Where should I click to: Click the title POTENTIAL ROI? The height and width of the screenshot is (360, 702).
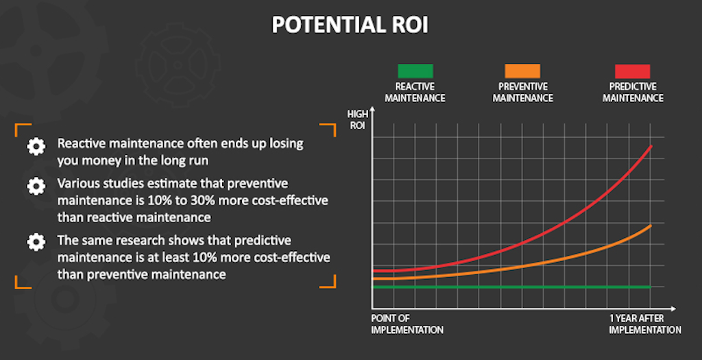coord(350,25)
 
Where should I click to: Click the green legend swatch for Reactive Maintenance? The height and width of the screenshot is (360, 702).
coord(415,71)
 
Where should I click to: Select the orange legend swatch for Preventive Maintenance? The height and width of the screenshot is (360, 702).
coord(522,71)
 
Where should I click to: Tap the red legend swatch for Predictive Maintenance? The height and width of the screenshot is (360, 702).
coord(633,71)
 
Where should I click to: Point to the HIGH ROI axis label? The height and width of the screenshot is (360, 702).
coord(357,120)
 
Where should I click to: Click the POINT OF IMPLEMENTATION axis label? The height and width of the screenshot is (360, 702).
coord(407,324)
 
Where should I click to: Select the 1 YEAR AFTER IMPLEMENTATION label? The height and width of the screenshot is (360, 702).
coord(645,324)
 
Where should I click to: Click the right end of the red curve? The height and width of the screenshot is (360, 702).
coord(651,146)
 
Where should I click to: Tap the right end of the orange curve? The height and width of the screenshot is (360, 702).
coord(651,225)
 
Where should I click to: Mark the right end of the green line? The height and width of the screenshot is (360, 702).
coord(651,287)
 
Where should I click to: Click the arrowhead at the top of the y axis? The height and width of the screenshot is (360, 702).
coord(372,109)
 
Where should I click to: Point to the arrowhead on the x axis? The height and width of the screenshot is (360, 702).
coord(673,309)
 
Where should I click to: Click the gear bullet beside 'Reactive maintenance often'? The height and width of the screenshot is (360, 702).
coord(36,147)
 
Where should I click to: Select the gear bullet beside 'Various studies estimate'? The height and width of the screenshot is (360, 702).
coord(36,187)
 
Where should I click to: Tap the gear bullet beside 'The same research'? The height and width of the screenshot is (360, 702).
coord(36,242)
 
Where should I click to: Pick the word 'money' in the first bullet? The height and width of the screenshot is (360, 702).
coord(101,160)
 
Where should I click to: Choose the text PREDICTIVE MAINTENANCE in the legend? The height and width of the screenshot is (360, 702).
coord(633,93)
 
